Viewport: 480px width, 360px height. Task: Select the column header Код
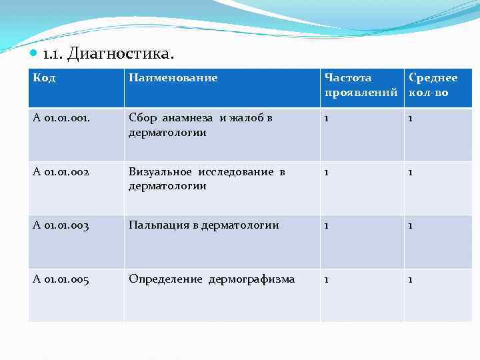pyautogui.click(x=44, y=78)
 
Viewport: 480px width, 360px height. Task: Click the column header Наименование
pyautogui.click(x=173, y=78)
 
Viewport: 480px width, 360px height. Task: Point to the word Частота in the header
pyautogui.click(x=348, y=78)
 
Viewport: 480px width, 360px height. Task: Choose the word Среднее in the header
pyautogui.click(x=433, y=78)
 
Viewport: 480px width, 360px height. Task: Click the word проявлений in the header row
pyautogui.click(x=361, y=93)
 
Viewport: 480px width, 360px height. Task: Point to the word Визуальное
pyautogui.click(x=159, y=172)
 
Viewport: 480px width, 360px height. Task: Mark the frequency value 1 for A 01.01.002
pyautogui.click(x=327, y=172)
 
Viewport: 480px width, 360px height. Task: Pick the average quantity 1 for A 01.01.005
pyautogui.click(x=411, y=279)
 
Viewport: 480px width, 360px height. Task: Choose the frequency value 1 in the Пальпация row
pyautogui.click(x=327, y=225)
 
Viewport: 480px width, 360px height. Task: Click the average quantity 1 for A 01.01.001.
pyautogui.click(x=411, y=118)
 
